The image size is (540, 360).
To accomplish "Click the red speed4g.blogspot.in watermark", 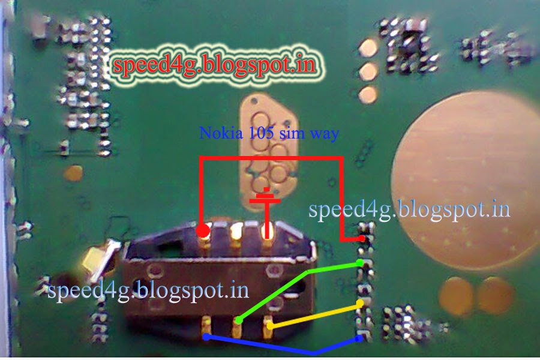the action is [x=214, y=65].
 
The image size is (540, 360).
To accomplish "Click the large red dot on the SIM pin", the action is [x=203, y=231].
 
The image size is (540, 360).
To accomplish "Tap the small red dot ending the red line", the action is [x=362, y=238].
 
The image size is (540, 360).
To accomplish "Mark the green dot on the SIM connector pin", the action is [x=239, y=320].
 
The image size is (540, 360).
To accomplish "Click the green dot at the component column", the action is [x=359, y=263].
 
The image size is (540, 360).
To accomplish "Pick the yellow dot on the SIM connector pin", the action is [x=271, y=326].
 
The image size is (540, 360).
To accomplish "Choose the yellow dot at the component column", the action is [x=360, y=304].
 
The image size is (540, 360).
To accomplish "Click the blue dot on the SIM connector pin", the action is [x=206, y=337].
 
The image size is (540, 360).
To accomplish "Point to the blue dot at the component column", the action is [x=359, y=339].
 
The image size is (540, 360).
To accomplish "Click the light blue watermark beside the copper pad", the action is [x=409, y=210].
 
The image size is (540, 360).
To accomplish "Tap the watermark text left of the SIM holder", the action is [x=147, y=290].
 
